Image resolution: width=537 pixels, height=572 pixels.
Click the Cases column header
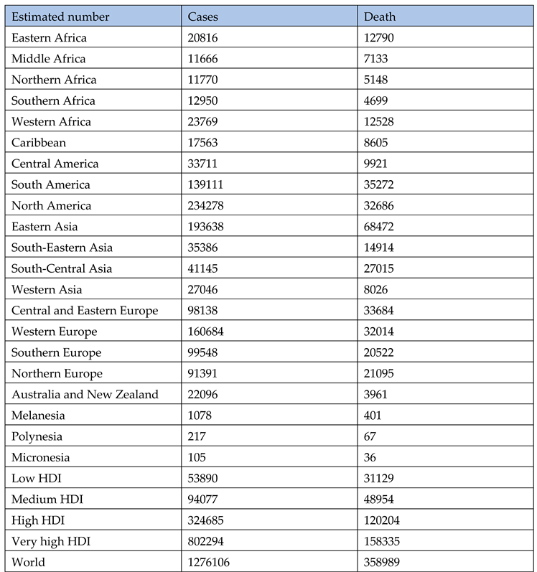(204, 17)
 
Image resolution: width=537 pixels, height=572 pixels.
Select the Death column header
(380, 17)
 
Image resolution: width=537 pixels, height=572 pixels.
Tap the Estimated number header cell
(60, 17)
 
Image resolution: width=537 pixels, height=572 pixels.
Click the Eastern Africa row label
(49, 37)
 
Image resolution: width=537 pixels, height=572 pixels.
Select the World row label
(28, 562)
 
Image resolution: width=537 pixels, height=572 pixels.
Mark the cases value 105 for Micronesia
(197, 457)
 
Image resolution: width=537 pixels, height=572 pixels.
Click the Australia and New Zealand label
(85, 394)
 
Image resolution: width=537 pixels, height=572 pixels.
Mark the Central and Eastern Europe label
(85, 310)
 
